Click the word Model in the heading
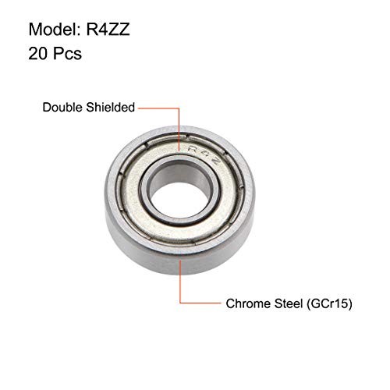pos(54,30)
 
